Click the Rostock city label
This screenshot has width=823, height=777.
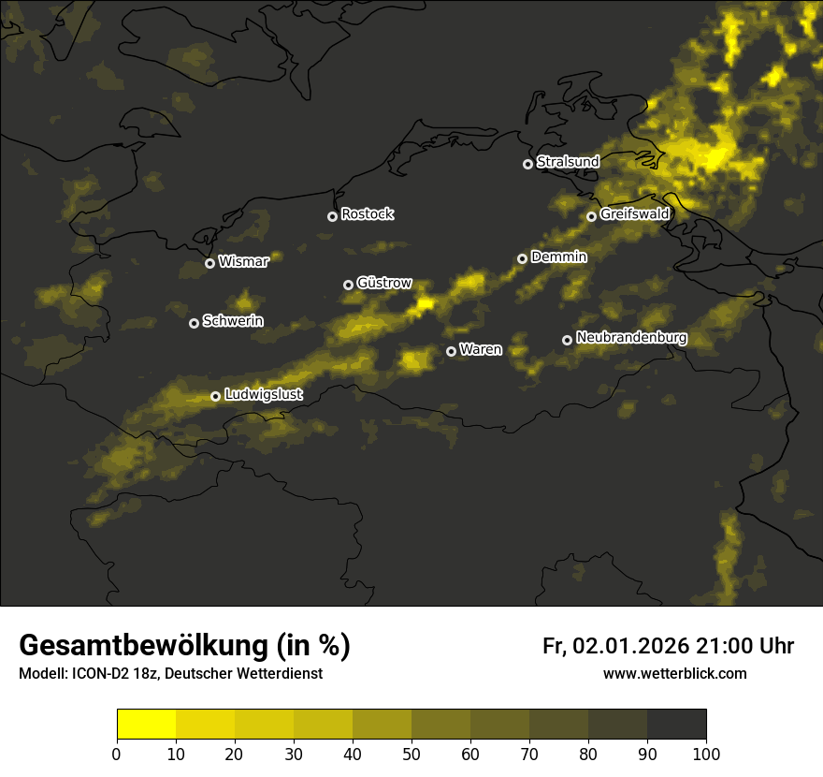coord(368,214)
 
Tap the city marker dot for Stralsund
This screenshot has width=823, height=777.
coord(527,164)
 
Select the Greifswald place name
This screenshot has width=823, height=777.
coord(635,214)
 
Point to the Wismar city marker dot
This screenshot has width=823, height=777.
coord(209,263)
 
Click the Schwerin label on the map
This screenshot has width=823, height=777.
coord(233,321)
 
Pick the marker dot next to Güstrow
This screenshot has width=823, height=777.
coord(348,285)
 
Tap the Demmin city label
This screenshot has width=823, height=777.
coord(559,257)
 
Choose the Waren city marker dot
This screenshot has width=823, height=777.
coord(451,351)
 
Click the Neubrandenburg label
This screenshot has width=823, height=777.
coord(632,338)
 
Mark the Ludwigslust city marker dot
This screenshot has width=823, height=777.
coord(215,396)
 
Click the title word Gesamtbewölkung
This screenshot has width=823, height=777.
coord(145,646)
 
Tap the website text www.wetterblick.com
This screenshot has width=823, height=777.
coord(675,673)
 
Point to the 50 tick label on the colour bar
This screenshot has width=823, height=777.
coord(411,754)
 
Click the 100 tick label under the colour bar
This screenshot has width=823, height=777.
coord(706,754)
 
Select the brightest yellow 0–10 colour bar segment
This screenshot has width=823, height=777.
coord(146,725)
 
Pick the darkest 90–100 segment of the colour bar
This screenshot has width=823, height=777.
coord(676,725)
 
